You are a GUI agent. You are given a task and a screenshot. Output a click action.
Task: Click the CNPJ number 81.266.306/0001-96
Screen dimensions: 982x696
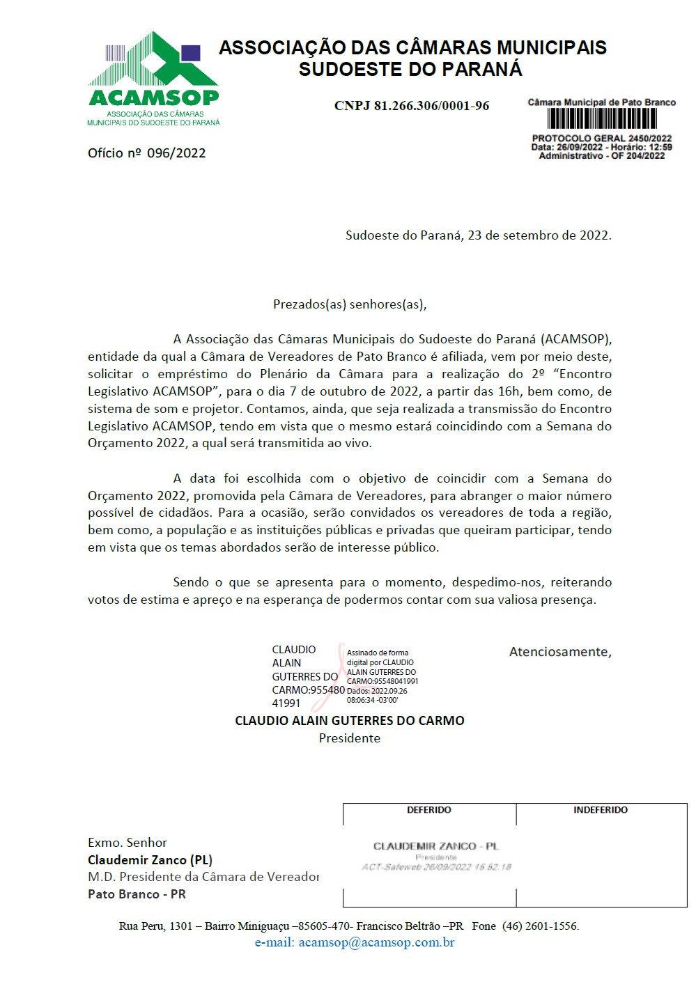pyautogui.click(x=411, y=106)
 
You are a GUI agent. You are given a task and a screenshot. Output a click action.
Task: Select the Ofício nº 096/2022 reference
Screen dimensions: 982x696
pyautogui.click(x=146, y=153)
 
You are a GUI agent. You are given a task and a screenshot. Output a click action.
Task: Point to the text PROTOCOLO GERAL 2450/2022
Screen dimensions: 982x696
pyautogui.click(x=602, y=139)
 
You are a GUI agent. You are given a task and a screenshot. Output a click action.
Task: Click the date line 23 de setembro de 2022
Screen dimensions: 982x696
pyautogui.click(x=478, y=235)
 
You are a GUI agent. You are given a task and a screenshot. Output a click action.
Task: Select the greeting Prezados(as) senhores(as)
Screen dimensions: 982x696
pyautogui.click(x=349, y=304)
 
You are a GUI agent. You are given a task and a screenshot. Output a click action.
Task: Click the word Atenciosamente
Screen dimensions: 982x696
pyautogui.click(x=559, y=652)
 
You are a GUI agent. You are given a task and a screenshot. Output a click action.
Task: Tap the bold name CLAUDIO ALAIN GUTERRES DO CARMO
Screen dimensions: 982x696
pyautogui.click(x=349, y=721)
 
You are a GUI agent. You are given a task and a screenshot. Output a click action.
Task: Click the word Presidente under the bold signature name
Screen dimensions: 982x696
pyautogui.click(x=349, y=738)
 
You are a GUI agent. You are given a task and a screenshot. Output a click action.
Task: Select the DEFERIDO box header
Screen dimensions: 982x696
pyautogui.click(x=429, y=810)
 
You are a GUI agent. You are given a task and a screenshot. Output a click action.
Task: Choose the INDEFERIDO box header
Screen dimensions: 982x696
pyautogui.click(x=601, y=810)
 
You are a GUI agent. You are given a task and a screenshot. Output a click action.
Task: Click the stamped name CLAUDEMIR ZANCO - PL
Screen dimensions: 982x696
pyautogui.click(x=436, y=846)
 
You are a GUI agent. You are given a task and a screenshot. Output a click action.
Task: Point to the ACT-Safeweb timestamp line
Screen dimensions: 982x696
pyautogui.click(x=436, y=867)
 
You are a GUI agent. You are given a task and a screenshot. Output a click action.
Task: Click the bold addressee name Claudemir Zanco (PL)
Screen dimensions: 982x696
pyautogui.click(x=150, y=860)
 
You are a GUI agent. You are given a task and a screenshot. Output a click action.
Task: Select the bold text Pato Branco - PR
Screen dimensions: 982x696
pyautogui.click(x=137, y=894)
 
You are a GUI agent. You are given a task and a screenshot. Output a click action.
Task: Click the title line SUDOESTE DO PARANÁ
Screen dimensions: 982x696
pyautogui.click(x=410, y=70)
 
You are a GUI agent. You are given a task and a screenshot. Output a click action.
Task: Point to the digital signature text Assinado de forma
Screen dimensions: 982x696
pyautogui.click(x=378, y=653)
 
